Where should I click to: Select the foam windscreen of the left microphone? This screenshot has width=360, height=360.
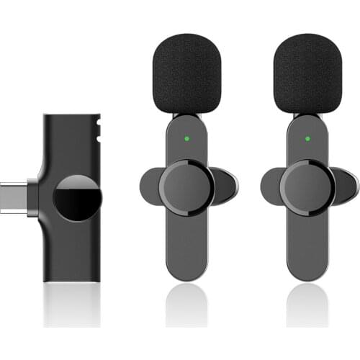(x=187, y=73)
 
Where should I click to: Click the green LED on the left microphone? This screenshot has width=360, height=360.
(x=187, y=138)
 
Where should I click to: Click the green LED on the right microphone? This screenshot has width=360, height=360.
(x=307, y=138)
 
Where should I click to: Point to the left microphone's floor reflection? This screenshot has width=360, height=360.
(x=187, y=306)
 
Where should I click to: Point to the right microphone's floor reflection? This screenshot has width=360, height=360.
(x=307, y=306)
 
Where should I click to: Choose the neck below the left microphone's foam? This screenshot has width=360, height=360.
(x=187, y=119)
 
